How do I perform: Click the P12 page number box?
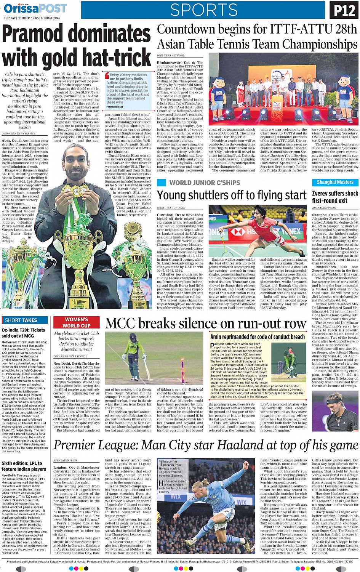pos(344,10)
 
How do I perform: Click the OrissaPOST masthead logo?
pos(35,8)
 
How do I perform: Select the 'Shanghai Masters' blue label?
pos(335,182)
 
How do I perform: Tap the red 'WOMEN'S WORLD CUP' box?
pos(76,322)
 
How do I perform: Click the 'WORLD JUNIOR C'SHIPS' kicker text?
pos(205,183)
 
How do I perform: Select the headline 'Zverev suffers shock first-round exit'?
pos(335,197)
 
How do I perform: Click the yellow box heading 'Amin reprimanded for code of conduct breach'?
pos(258,337)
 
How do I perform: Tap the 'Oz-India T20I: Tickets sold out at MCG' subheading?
pos(23,333)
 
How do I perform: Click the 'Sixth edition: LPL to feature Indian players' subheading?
pos(24,466)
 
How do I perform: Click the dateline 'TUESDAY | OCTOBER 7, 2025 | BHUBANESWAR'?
pos(32,18)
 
